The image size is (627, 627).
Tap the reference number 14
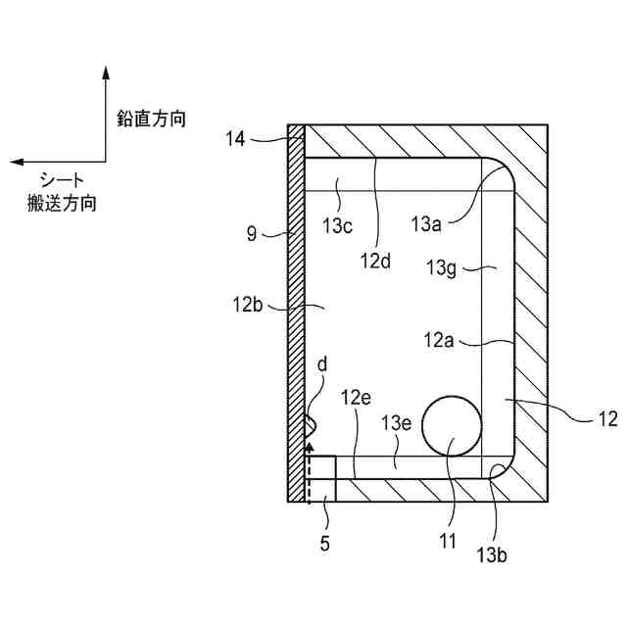(235, 139)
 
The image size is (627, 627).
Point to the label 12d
(376, 262)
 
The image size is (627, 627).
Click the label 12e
(356, 398)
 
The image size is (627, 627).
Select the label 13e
(397, 422)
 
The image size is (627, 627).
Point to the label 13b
(493, 556)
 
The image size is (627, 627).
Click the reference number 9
(251, 234)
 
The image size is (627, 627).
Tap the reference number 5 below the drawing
(324, 543)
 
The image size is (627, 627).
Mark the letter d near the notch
(322, 365)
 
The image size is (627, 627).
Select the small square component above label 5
(320, 478)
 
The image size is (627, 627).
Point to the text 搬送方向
(63, 204)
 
